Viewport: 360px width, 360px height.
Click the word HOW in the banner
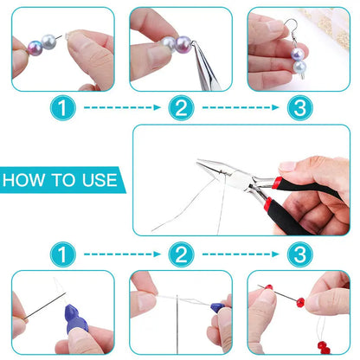point(26,182)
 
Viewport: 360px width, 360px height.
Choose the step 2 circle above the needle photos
point(180,254)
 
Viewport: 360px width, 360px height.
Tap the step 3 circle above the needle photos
point(299,254)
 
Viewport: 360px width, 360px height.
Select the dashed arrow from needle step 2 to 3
point(240,254)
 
